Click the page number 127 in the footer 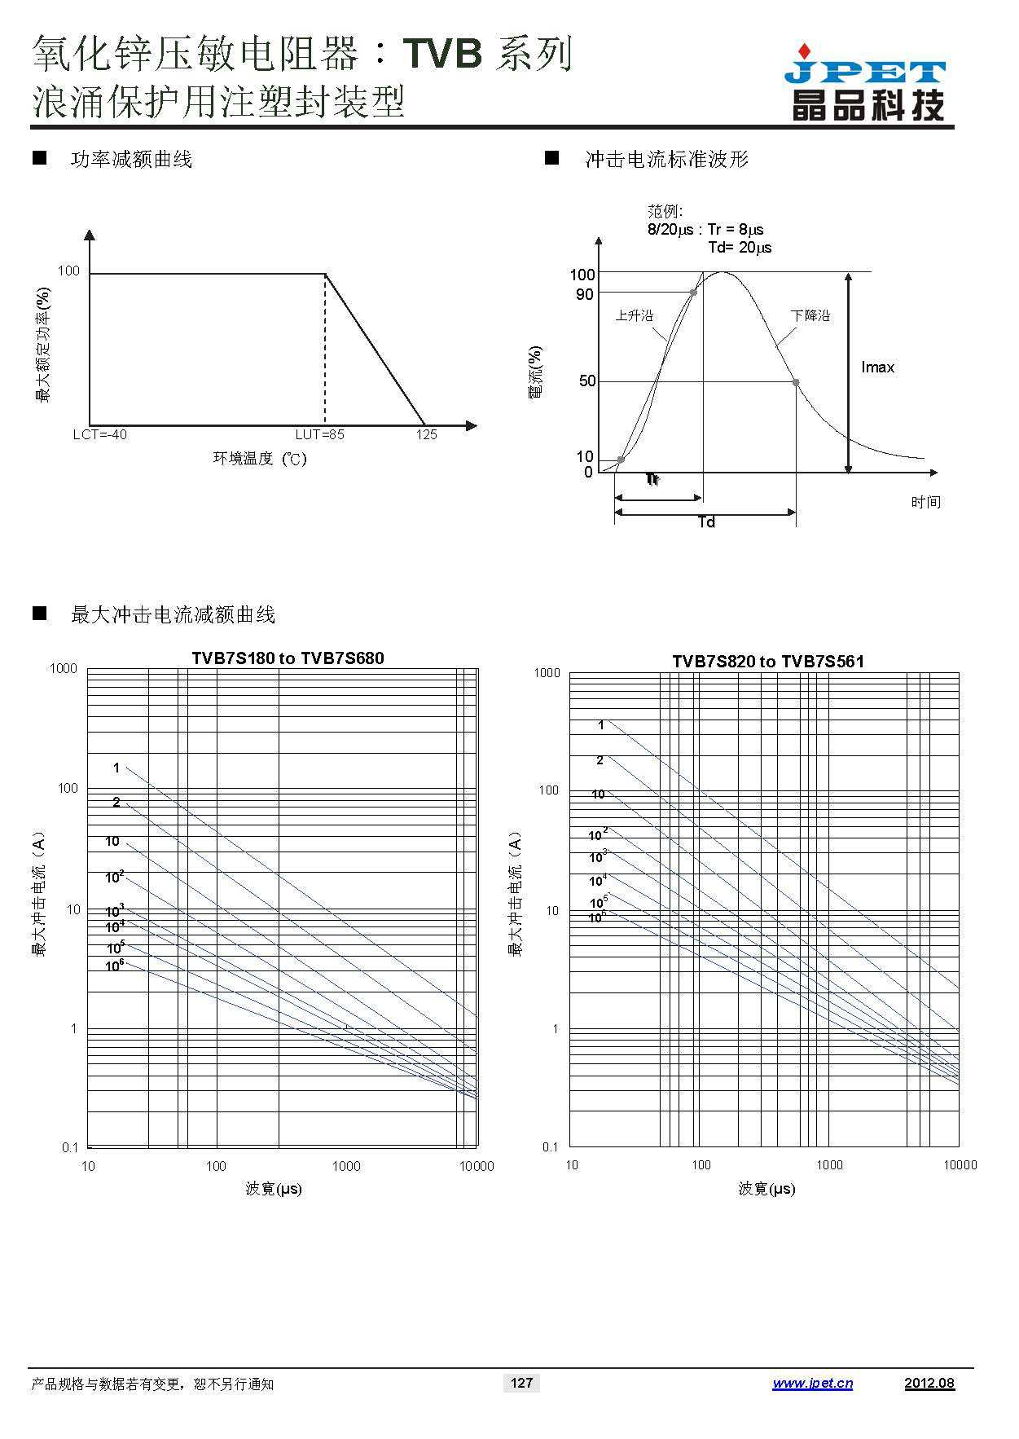tap(521, 1382)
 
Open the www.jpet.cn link tap(812, 1383)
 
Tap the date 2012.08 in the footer tap(929, 1383)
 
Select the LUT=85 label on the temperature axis tap(319, 434)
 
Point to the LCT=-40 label tap(99, 434)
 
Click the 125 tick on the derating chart tap(427, 434)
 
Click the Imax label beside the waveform tap(877, 367)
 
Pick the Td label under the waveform tap(706, 522)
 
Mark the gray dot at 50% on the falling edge tap(796, 382)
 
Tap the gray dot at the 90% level tap(693, 292)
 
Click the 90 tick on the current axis tap(585, 294)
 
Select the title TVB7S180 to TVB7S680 tap(288, 658)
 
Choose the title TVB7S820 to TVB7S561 tap(767, 661)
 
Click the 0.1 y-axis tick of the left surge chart tap(70, 1147)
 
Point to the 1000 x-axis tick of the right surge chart tap(829, 1164)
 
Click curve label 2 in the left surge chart tap(116, 803)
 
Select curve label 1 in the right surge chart tap(601, 724)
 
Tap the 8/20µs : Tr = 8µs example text tap(705, 230)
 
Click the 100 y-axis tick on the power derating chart tap(68, 271)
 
